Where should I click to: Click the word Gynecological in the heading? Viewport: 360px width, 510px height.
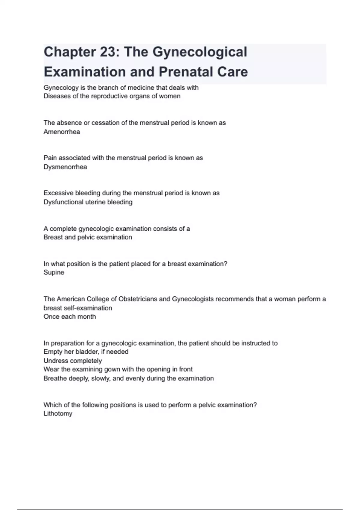click(200, 52)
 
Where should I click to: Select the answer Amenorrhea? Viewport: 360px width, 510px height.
click(62, 132)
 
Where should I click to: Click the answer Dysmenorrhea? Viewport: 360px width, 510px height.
click(65, 167)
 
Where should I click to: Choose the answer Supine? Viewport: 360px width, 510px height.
click(54, 272)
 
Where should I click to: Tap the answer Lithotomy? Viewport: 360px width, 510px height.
click(58, 413)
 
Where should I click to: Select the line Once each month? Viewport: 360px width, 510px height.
click(70, 316)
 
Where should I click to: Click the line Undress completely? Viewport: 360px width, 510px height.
click(73, 361)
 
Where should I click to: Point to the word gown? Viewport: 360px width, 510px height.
click(112, 369)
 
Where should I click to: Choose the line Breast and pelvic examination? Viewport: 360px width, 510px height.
click(88, 237)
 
